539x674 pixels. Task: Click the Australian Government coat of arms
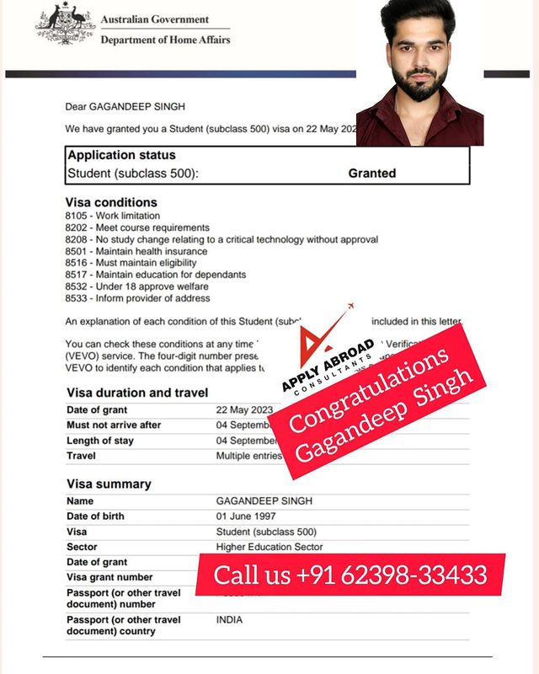(x=65, y=24)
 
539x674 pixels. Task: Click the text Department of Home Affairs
(x=165, y=40)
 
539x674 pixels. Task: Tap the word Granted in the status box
(x=371, y=173)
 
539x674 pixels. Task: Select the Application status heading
(x=121, y=155)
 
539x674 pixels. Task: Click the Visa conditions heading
(x=111, y=202)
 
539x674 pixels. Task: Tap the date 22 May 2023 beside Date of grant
(x=245, y=409)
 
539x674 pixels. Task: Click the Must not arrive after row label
(x=114, y=425)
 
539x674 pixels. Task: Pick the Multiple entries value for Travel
(x=245, y=456)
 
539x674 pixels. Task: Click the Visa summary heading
(x=109, y=484)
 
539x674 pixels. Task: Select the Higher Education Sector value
(x=269, y=547)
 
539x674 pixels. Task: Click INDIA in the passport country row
(x=230, y=619)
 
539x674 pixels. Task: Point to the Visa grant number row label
(x=109, y=577)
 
